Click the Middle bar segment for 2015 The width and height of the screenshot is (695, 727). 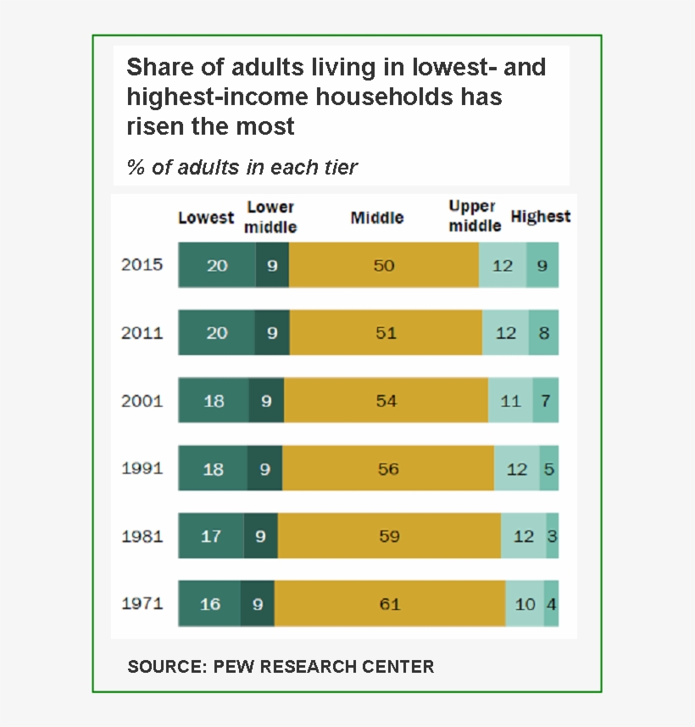point(384,265)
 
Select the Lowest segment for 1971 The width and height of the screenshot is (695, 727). point(209,604)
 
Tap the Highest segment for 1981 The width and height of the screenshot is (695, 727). point(553,536)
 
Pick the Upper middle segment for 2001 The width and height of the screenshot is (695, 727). point(510,401)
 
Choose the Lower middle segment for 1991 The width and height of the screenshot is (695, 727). point(265,469)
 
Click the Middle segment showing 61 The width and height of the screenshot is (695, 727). point(390,604)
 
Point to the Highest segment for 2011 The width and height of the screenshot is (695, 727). point(544,333)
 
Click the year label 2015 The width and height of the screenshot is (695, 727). point(142,264)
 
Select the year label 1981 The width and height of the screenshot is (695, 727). point(142,536)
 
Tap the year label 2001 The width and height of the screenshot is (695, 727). point(142,401)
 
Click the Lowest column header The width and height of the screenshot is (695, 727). point(205,218)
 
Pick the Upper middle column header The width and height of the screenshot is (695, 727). point(475,216)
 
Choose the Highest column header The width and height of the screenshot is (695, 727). point(540,217)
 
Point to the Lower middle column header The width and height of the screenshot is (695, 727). point(270,217)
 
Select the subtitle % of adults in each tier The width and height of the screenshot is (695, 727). point(242,167)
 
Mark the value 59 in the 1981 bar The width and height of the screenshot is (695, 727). point(389,536)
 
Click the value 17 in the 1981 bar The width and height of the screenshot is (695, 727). point(211,536)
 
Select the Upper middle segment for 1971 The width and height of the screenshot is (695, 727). point(525,604)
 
